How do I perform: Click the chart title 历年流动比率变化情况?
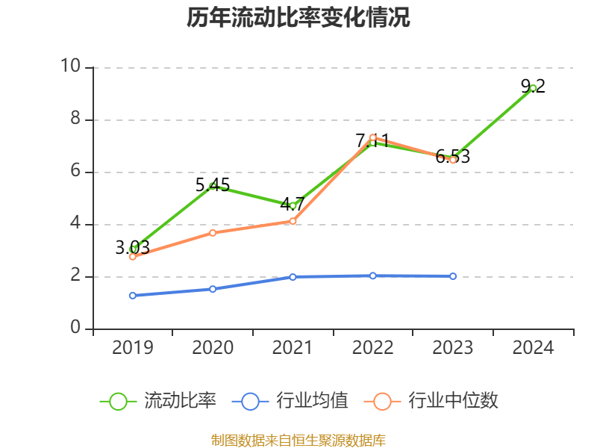tap(298, 18)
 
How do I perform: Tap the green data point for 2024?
tap(533, 88)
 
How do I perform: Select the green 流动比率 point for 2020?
tap(213, 186)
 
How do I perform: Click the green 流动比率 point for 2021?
tap(293, 205)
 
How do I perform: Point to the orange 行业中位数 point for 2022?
tap(372, 137)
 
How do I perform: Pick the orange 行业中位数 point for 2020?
tap(213, 233)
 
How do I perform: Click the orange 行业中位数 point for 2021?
tap(293, 221)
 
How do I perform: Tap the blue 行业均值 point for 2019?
tap(133, 296)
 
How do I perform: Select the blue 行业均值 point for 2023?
tap(453, 276)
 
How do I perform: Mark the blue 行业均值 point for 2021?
tap(293, 277)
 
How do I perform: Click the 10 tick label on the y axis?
tap(71, 66)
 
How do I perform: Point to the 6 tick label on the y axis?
tap(75, 171)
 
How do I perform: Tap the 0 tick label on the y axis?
tap(75, 328)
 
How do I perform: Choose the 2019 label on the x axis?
tap(133, 347)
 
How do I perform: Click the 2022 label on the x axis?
tap(372, 347)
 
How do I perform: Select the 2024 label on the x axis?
tap(533, 347)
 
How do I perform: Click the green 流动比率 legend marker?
tap(118, 401)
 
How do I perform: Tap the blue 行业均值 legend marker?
tap(250, 401)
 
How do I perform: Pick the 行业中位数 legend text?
tap(453, 401)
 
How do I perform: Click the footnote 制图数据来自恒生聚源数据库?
tap(298, 440)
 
